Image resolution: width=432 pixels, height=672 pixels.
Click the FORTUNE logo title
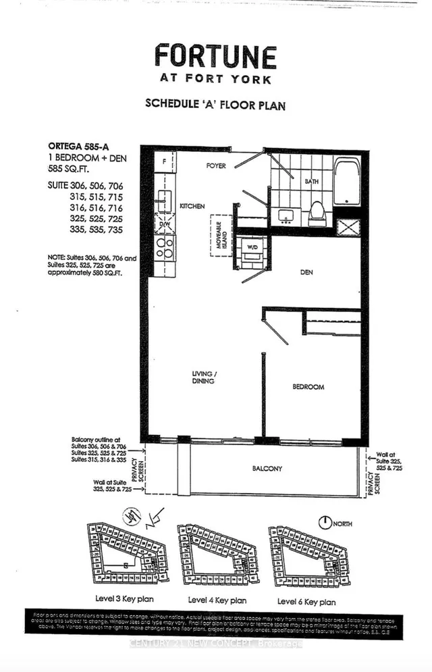point(215,55)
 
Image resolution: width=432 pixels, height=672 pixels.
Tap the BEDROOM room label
point(308,387)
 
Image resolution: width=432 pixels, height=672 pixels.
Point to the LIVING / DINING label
point(202,377)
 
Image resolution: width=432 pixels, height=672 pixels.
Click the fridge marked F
point(164,163)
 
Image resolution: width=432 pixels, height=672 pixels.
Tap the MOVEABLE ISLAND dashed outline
point(221,235)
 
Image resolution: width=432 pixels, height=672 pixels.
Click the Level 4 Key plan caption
point(217,600)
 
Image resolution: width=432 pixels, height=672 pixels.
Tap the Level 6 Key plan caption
point(306,600)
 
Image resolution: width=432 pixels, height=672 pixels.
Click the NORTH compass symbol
point(326,521)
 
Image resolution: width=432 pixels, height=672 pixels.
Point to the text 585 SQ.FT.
point(67,170)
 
